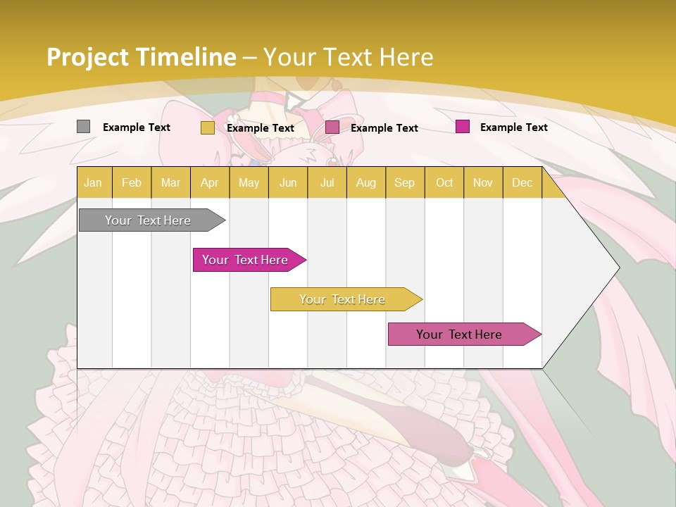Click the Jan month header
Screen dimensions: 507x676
(93, 182)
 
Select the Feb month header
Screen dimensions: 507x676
(132, 182)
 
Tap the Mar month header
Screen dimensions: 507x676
(170, 182)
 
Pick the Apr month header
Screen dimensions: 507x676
(210, 182)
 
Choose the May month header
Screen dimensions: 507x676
(249, 182)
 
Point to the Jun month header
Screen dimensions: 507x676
(288, 182)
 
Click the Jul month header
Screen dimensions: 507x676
(327, 182)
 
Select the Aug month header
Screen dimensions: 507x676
(366, 182)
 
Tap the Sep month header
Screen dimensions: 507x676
(405, 182)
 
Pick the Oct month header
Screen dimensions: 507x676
(444, 182)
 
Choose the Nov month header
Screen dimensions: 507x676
(483, 182)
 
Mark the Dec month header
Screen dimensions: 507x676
(522, 182)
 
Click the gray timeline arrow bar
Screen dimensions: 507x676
(148, 220)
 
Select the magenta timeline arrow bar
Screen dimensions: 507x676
(246, 260)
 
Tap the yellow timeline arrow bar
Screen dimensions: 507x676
(342, 299)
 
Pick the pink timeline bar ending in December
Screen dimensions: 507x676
(460, 334)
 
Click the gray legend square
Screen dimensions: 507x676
(84, 127)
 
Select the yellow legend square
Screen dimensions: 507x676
(208, 127)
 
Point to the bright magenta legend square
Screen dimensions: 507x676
(463, 127)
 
